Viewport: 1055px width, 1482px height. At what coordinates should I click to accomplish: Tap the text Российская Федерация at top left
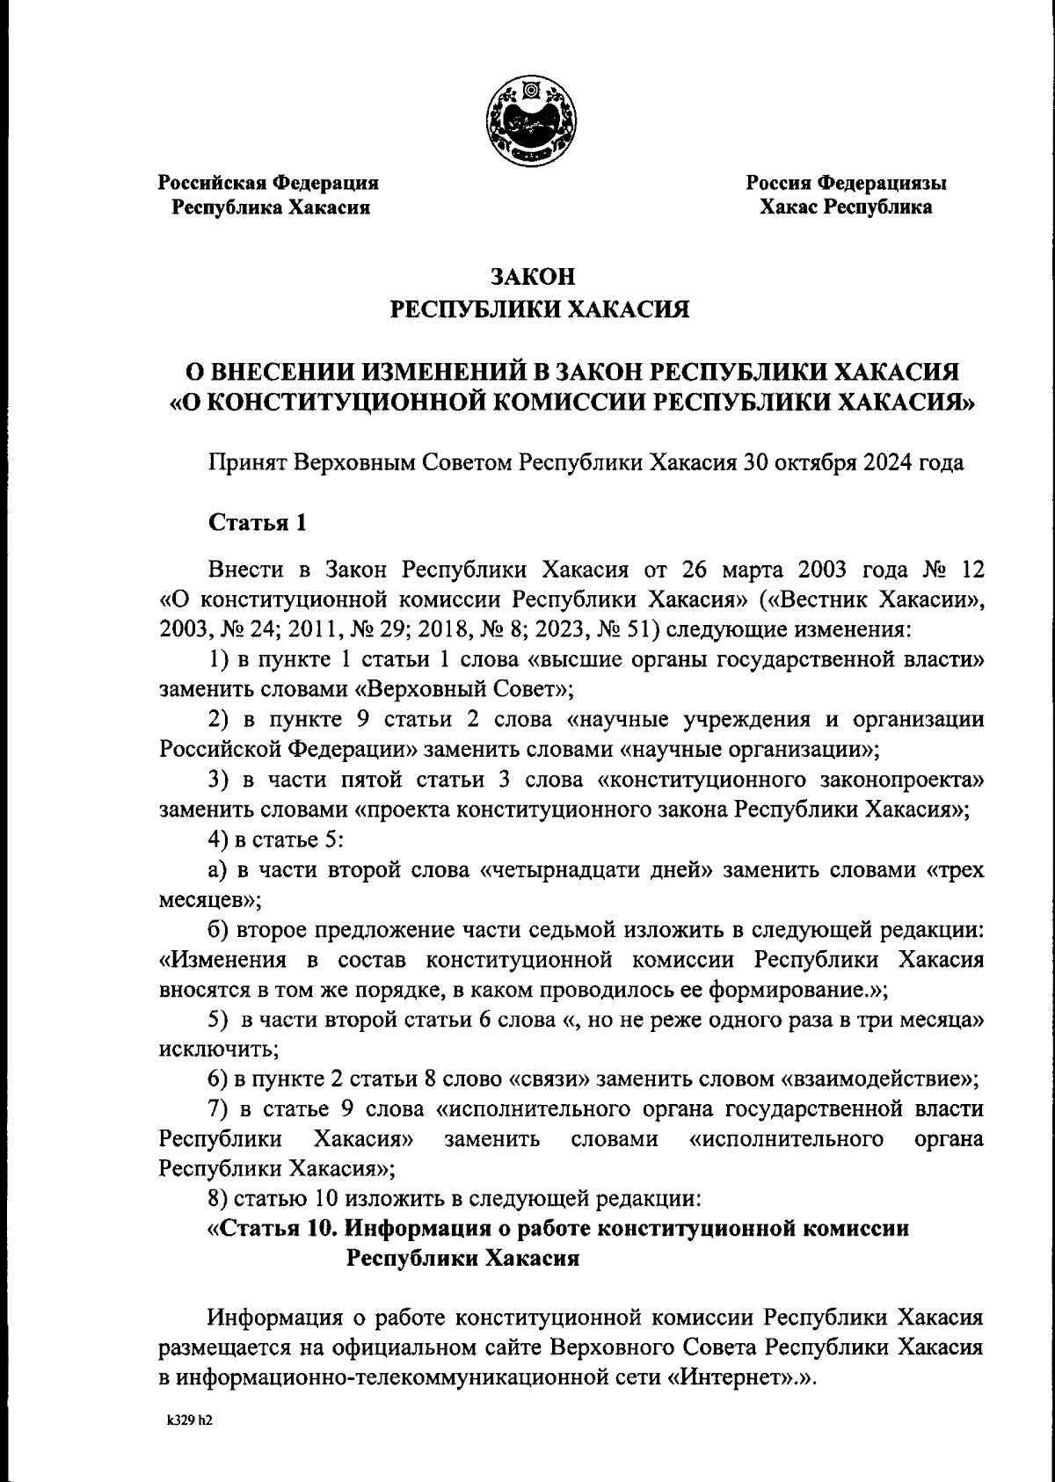(268, 184)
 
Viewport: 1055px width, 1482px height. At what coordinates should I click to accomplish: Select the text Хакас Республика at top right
(846, 208)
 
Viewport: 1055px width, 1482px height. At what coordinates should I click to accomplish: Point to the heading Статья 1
(258, 523)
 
